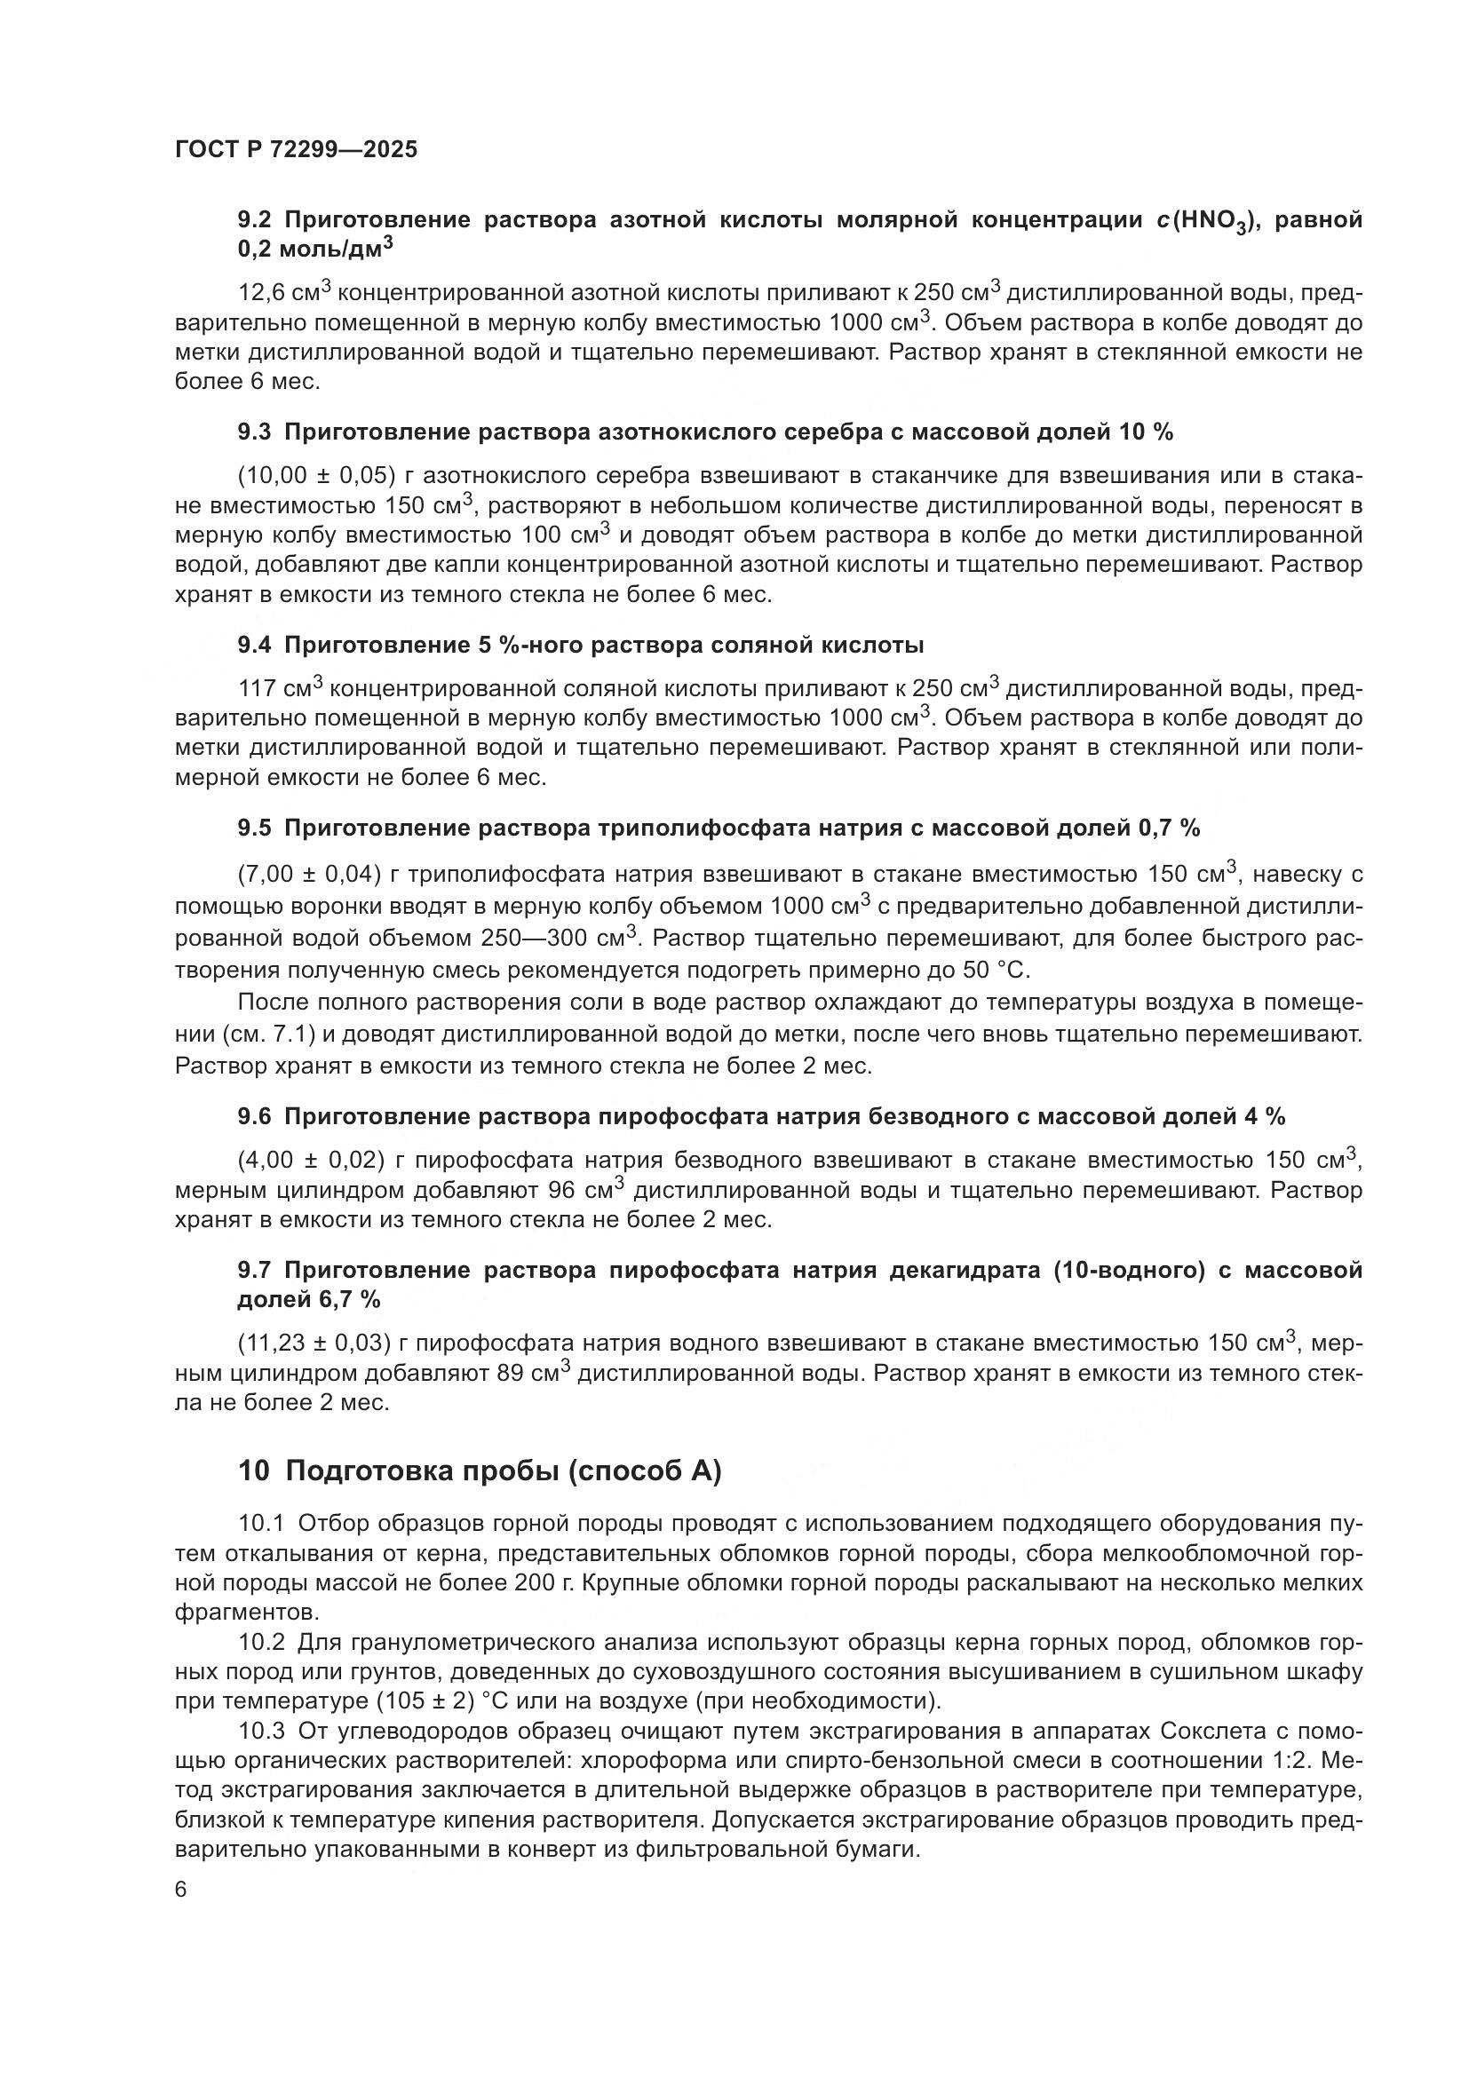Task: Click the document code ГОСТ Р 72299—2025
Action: [x=296, y=150]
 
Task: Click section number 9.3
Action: [x=254, y=432]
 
